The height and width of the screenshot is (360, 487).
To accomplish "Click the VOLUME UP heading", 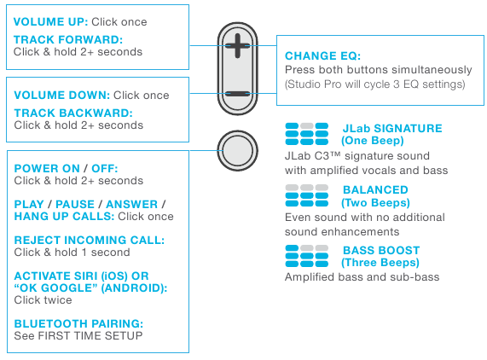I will pos(49,21).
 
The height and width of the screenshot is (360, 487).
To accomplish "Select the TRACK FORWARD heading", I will pos(68,39).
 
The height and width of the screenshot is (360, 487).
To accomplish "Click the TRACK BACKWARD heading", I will pos(73,113).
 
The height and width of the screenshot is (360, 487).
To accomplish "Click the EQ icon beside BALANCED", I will pos(306,195).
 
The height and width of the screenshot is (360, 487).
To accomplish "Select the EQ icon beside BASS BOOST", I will pos(306,256).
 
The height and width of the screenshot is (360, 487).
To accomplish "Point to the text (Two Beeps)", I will pos(376,203).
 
